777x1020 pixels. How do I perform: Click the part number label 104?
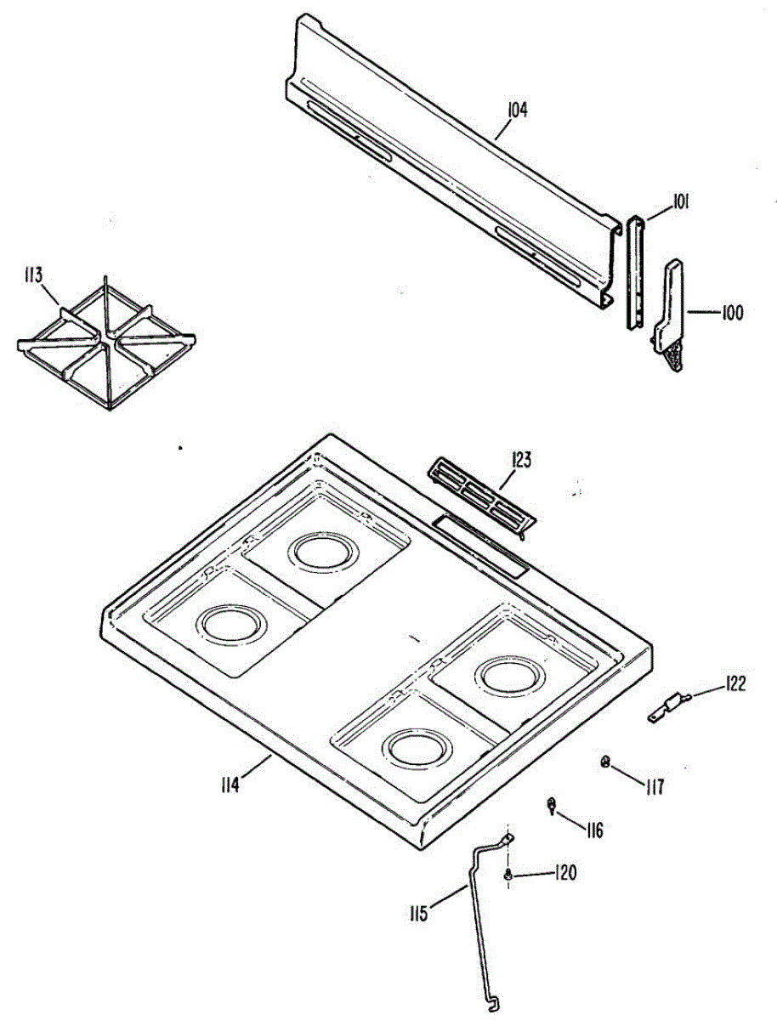[518, 110]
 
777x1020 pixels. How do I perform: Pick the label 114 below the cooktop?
[227, 784]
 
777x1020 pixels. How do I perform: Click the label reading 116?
[593, 829]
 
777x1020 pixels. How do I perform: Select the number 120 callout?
[565, 873]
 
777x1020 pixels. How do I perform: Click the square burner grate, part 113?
[106, 345]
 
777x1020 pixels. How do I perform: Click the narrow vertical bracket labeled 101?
[635, 272]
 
